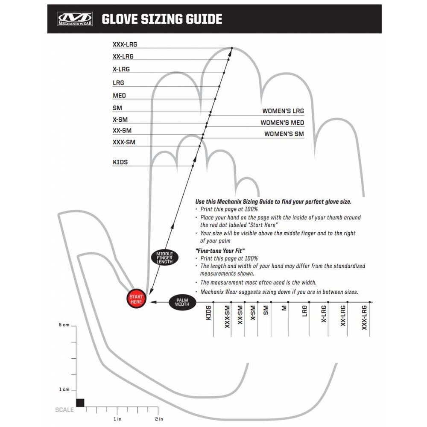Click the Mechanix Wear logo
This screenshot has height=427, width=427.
75,19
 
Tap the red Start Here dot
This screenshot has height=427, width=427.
136,299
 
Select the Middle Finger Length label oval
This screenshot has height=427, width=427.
164,257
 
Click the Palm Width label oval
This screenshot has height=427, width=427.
182,302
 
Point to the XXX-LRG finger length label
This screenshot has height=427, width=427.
125,44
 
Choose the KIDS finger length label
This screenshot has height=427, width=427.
120,162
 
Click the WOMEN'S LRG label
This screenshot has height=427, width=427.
283,111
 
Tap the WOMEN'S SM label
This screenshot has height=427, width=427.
284,134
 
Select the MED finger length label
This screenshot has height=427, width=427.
119,96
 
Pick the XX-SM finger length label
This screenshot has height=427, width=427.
122,130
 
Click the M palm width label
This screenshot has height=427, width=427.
284,308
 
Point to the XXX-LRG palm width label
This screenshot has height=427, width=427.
364,318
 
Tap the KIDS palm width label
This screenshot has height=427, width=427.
208,313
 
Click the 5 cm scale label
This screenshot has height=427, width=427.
64,325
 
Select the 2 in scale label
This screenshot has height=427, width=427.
159,419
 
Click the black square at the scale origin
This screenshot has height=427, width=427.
80,403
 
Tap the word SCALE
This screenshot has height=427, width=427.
64,410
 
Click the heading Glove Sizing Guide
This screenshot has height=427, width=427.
162,19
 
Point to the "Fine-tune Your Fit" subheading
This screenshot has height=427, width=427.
220,251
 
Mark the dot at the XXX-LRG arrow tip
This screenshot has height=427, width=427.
232,48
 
